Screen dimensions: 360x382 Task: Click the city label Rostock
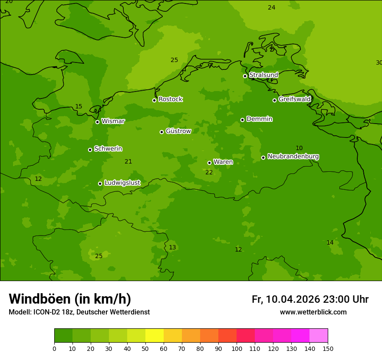170,99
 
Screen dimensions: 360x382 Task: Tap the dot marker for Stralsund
245,76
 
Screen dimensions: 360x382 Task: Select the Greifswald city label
294,99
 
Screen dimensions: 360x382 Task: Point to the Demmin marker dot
242,120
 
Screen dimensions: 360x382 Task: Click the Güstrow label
178,131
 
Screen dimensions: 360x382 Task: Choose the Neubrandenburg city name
293,157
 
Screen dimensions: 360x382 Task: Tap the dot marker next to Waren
209,163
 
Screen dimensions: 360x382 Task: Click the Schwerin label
108,149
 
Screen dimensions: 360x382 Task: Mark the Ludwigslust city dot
100,183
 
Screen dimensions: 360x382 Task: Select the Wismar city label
113,121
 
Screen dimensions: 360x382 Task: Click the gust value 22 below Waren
209,172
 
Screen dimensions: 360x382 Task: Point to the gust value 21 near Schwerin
128,162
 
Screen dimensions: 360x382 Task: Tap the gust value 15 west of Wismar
79,107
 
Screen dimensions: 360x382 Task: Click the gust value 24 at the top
272,8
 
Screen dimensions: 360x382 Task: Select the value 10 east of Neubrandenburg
299,148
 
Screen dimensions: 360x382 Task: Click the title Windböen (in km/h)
70,299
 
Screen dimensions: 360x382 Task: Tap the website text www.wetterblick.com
313,312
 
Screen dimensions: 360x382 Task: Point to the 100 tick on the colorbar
237,348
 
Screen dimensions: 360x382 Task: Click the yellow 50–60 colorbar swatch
155,336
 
